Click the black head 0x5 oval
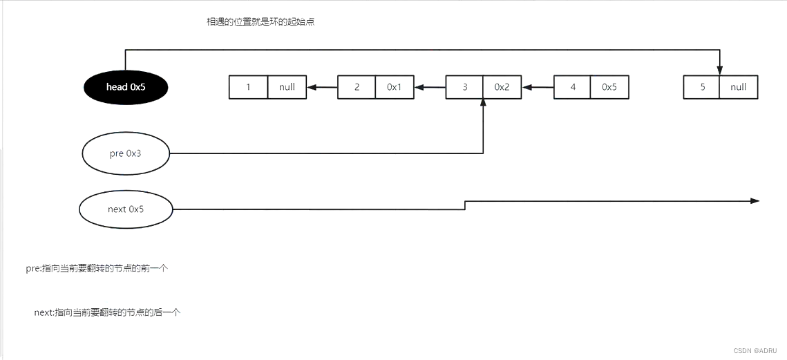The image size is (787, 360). click(126, 87)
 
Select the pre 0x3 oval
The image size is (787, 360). click(126, 153)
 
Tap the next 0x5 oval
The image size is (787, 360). click(126, 209)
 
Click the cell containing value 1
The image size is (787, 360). click(248, 87)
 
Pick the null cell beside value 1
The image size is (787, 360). click(287, 87)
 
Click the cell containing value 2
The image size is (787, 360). click(357, 87)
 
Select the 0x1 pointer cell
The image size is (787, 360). click(395, 87)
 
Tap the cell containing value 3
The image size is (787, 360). click(464, 87)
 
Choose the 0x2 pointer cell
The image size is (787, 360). click(502, 87)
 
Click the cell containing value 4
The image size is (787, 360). click(573, 87)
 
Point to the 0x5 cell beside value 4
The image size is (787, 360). click(609, 87)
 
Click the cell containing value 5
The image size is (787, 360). click(701, 87)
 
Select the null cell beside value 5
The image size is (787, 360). click(738, 87)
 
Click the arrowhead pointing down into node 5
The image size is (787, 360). click(720, 70)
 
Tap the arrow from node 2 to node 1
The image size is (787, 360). click(322, 87)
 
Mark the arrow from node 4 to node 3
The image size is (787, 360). click(538, 87)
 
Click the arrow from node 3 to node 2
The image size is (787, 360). click(430, 87)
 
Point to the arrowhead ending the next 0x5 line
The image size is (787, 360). click(755, 201)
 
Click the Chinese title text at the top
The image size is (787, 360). click(261, 22)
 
